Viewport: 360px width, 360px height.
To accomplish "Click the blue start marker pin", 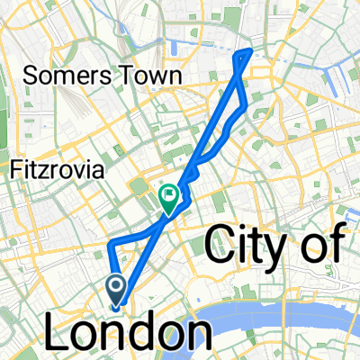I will (117, 289).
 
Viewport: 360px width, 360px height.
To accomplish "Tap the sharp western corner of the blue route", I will (108, 245).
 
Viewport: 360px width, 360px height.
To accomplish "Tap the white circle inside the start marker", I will (117, 285).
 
